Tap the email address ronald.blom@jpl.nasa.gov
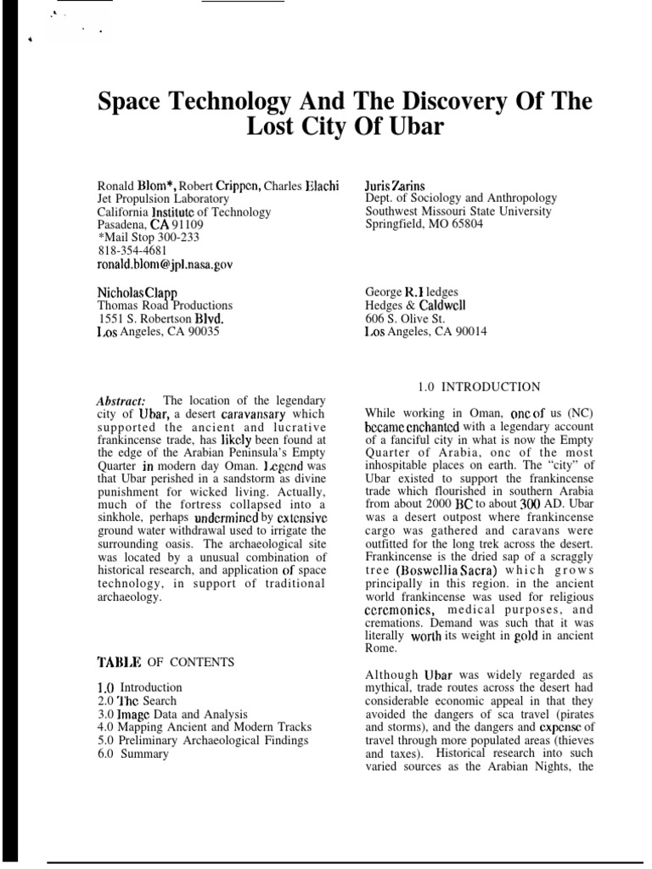(x=165, y=264)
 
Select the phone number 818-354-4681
(x=132, y=251)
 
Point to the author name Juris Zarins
(x=398, y=184)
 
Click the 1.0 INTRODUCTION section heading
(x=479, y=387)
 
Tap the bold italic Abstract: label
(x=121, y=401)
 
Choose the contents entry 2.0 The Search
(x=137, y=700)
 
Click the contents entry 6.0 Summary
(x=133, y=754)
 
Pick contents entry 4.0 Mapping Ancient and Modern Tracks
(x=193, y=727)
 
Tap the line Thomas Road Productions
(x=165, y=306)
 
